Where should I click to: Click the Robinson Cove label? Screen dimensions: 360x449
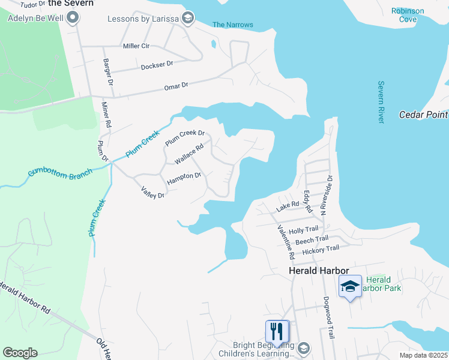408,15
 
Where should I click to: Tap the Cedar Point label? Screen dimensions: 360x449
424,115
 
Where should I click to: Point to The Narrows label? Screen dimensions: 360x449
233,25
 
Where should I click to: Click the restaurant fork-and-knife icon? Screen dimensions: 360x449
277,331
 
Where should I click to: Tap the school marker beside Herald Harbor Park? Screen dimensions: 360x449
351,286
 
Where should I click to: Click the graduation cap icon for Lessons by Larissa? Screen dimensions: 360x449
187,18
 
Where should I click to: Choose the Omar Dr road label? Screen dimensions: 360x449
176,87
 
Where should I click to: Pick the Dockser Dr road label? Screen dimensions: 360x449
157,64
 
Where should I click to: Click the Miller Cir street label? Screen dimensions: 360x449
136,46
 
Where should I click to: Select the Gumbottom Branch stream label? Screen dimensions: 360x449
60,173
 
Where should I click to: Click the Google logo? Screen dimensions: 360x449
20,353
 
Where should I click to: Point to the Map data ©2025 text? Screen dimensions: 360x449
424,355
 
